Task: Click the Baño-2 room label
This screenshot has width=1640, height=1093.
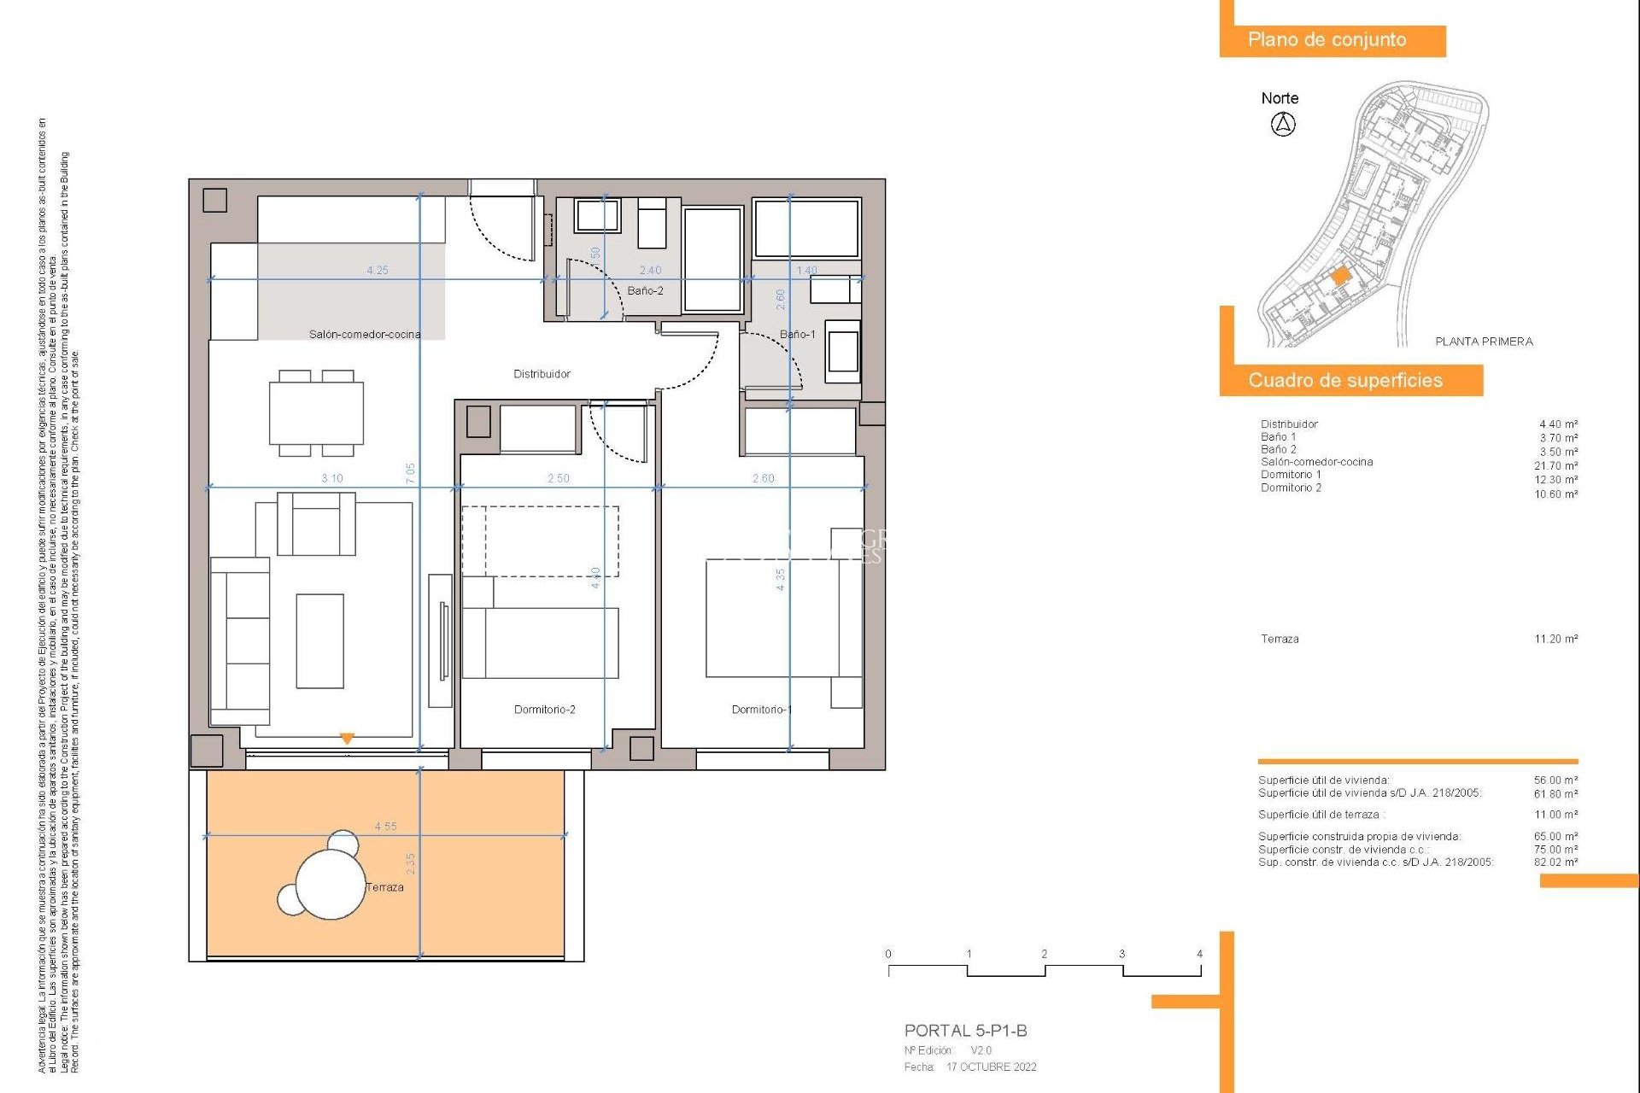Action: coord(645,291)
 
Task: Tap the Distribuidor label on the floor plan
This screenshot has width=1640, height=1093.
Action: coord(542,374)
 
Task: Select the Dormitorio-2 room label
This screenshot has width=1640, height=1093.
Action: coord(544,710)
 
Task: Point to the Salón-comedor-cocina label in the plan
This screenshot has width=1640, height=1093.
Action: coord(365,335)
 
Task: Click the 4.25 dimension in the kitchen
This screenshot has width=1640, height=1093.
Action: coord(378,270)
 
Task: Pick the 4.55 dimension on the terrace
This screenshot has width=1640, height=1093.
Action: coord(385,827)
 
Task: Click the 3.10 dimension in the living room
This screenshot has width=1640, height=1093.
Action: coord(332,478)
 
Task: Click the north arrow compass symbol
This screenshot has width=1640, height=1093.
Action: coord(1283,125)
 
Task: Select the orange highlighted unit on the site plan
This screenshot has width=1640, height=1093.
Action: coord(1340,276)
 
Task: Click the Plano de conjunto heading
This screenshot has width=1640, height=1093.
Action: coord(1327,40)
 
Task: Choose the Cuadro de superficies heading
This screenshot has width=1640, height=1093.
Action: coord(1345,381)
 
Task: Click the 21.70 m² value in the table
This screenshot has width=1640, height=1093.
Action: coord(1555,466)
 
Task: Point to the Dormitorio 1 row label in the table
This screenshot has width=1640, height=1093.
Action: coord(1291,475)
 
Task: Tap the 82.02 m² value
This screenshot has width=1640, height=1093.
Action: coord(1555,862)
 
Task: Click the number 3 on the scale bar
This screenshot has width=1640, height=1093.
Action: coord(1122,954)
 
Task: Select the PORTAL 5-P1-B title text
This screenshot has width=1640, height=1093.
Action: coord(965,1031)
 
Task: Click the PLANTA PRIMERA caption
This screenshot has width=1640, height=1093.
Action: coord(1484,342)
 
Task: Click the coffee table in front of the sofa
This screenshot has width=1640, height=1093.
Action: coord(320,641)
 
